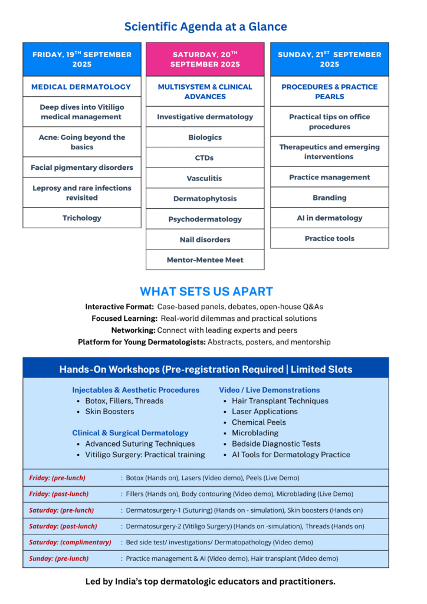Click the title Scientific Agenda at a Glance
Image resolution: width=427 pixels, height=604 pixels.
point(205,27)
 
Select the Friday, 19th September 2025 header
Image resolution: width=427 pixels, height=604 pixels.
point(82,59)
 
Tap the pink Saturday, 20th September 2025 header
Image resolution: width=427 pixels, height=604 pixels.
point(205,59)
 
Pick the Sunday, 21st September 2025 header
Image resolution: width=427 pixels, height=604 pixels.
point(330,59)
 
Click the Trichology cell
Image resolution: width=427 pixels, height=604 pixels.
point(82,218)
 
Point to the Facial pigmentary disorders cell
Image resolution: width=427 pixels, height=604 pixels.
point(82,168)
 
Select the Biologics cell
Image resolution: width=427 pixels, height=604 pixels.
point(205,137)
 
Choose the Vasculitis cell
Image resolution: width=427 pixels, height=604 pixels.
point(205,178)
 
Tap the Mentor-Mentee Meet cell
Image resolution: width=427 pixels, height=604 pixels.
point(205,260)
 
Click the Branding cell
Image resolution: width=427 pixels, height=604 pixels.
point(330,198)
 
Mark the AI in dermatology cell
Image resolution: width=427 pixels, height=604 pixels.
point(330,218)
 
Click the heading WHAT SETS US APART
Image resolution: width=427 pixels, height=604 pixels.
point(206,291)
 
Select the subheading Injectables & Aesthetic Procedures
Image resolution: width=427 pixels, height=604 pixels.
point(136,390)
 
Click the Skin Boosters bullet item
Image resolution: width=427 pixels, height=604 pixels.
point(110,412)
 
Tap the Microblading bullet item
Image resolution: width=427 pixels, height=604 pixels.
point(255,433)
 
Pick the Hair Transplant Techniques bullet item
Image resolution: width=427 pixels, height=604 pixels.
point(280,401)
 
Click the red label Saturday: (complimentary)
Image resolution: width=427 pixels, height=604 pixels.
point(70,542)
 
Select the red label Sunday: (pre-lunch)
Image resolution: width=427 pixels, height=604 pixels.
point(59,558)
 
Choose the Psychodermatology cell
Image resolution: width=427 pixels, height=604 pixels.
point(205,219)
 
